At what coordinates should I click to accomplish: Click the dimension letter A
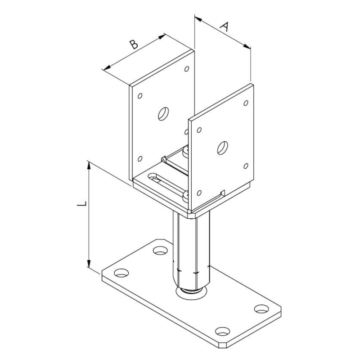225,27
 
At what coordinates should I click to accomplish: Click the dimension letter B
134,44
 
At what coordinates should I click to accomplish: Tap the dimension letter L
81,204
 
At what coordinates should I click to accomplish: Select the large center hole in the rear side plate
163,114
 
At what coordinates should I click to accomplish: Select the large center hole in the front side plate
222,148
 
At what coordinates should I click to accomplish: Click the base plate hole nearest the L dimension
121,273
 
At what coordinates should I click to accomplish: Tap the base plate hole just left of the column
160,251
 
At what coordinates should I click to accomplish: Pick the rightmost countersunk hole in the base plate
261,309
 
